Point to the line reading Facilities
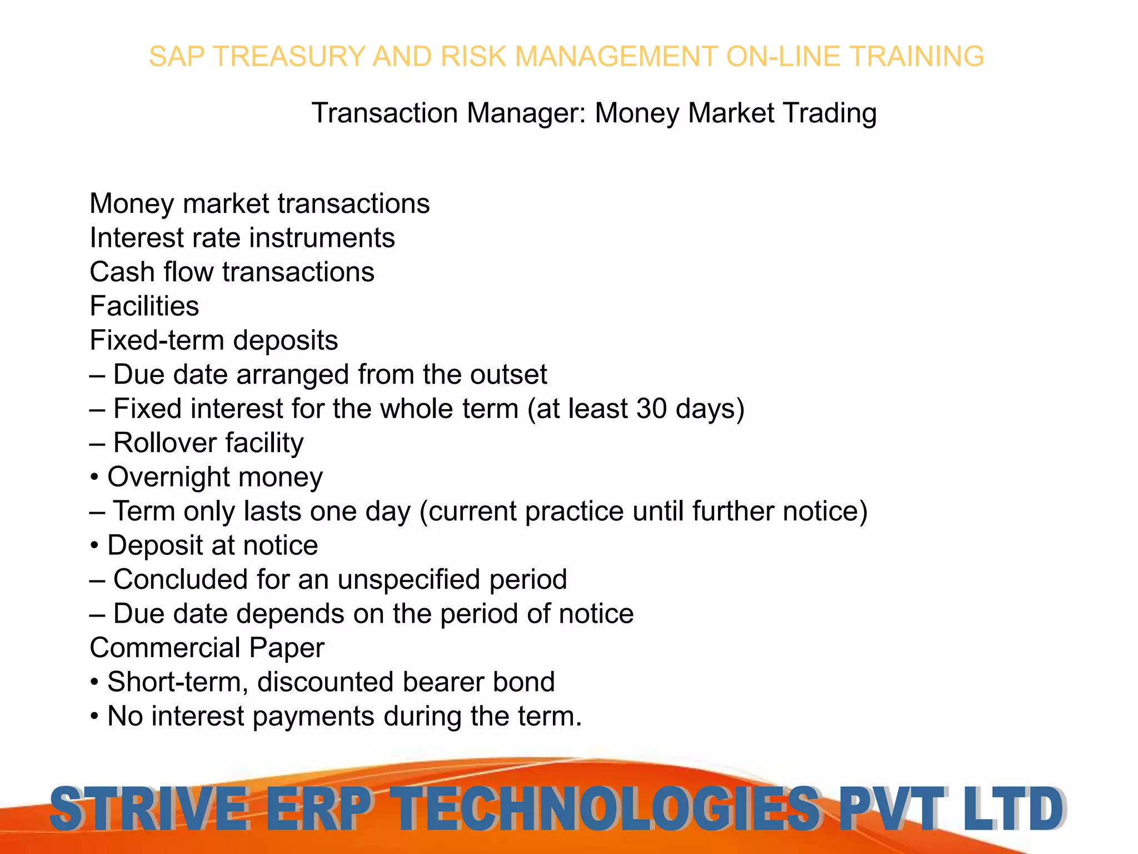coord(144,306)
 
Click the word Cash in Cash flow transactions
coord(122,272)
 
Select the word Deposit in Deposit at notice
coord(154,546)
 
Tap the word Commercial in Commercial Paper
coord(165,648)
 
